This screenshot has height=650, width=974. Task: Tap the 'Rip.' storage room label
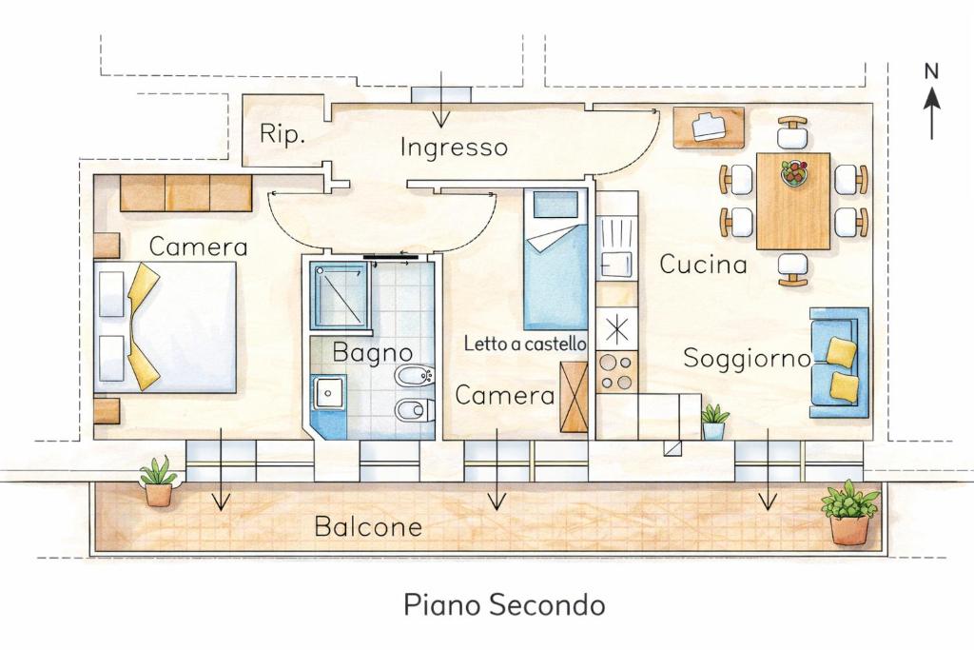pos(282,133)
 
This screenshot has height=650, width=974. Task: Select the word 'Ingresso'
pos(454,148)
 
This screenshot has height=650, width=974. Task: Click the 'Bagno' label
pos(373,353)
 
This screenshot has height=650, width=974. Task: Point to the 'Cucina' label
pos(703,265)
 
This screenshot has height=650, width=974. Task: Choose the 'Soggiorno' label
pos(748,359)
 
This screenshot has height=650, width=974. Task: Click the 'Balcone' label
pos(368,527)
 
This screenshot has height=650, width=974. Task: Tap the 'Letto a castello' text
pos(525,343)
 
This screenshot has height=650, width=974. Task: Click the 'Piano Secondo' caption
pos(504,604)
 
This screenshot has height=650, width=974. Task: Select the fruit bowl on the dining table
pos(794,172)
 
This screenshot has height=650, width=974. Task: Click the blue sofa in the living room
pos(839,363)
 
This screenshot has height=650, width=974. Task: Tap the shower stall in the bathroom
pos(340,296)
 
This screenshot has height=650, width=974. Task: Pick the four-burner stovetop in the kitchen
pos(616,371)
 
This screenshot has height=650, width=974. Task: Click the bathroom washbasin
pos(328,393)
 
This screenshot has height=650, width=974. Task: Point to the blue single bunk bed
pos(555,259)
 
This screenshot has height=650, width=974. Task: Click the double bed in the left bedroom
pos(166,326)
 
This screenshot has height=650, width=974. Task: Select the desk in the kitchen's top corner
pos(710,128)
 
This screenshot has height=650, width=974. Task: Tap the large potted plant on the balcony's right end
pos(849,512)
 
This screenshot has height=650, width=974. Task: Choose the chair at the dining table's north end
pos(792,131)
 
